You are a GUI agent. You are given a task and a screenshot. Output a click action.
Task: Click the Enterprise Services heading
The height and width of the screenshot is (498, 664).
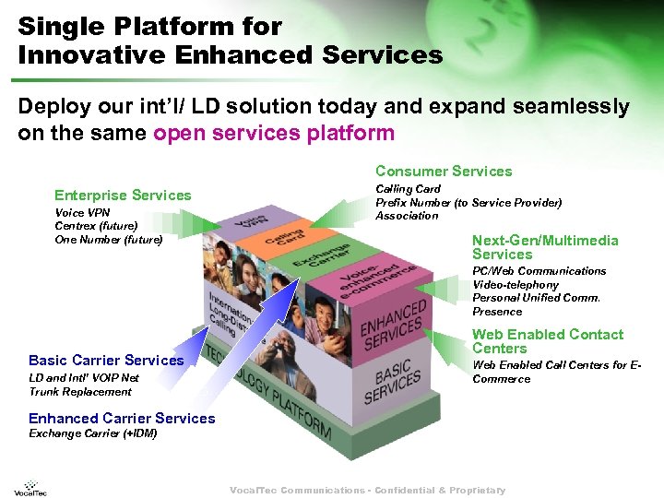[x=123, y=195]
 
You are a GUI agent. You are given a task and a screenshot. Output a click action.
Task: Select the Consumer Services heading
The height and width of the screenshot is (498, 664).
[x=443, y=171]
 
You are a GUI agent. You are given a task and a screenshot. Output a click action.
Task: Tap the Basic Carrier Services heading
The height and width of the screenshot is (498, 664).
[x=106, y=360]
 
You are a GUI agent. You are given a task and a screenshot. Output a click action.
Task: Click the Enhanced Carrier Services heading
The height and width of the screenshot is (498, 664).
[x=122, y=419]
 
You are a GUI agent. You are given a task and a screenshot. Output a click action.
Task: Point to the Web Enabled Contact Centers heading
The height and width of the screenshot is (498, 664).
[x=548, y=341]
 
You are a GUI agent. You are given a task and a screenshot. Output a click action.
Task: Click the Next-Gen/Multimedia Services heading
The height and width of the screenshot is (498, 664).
[x=544, y=247]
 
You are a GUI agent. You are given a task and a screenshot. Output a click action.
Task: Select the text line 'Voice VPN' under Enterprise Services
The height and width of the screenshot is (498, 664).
[x=82, y=213]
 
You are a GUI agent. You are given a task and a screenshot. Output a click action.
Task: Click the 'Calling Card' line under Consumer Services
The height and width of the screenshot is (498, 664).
[x=407, y=189]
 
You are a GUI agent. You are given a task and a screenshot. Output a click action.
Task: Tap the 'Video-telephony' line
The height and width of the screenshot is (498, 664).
[x=516, y=285]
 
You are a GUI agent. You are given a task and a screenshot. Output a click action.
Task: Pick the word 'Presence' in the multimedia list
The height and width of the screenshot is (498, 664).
[x=497, y=312]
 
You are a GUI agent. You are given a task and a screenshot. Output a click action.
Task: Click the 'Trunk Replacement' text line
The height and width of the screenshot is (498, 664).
[x=80, y=392]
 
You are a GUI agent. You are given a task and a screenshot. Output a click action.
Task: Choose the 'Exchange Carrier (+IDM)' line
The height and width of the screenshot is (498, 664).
[x=92, y=433]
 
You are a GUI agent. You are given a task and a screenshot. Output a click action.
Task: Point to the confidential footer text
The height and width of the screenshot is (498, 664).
[x=367, y=491]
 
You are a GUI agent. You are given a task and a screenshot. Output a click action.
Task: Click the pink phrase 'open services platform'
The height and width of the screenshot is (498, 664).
[x=274, y=133]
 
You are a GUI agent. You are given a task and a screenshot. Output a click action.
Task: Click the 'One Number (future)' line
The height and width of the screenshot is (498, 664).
[x=108, y=240]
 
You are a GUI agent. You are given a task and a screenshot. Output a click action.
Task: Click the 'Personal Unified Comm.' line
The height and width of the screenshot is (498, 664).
[x=536, y=298]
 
